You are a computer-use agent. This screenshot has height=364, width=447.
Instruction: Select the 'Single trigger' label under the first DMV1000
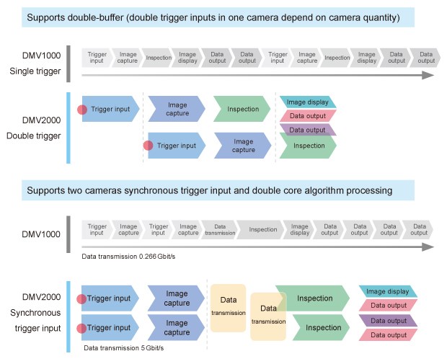click(x=34, y=71)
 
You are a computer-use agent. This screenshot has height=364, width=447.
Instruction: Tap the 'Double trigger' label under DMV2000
click(x=34, y=135)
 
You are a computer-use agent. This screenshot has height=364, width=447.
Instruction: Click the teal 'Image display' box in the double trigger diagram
click(x=307, y=102)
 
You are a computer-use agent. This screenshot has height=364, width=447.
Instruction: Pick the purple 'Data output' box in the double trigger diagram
click(x=307, y=130)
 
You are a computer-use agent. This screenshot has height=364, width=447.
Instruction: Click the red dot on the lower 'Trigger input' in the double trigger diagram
click(x=148, y=146)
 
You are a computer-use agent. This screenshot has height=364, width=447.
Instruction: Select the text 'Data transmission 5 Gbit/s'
click(x=124, y=348)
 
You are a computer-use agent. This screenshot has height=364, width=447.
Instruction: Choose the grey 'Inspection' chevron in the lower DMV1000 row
click(x=263, y=230)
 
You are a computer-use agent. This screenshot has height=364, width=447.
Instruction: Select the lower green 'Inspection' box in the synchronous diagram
click(x=314, y=328)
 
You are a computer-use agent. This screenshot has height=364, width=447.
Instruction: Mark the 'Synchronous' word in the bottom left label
click(x=34, y=313)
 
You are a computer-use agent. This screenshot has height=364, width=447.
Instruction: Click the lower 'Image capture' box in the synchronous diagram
click(x=177, y=328)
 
